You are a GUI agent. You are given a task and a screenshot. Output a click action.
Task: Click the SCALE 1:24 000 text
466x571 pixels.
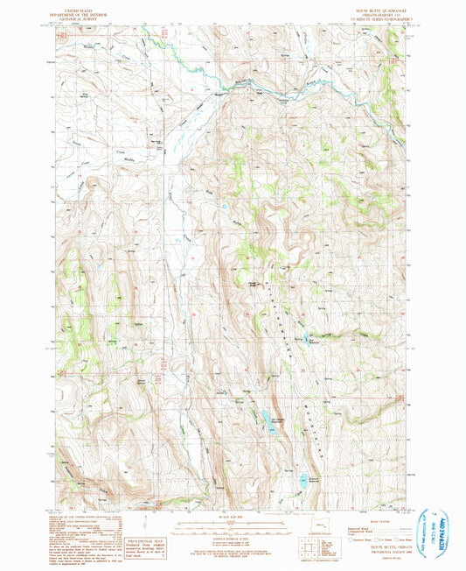233,516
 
